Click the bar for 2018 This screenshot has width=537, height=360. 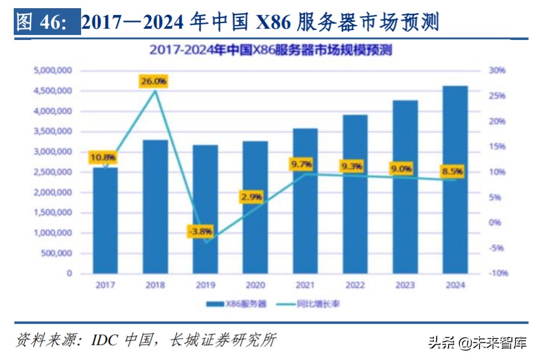[155, 207]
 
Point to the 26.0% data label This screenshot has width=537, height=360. [154, 81]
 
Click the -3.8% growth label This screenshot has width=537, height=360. [200, 231]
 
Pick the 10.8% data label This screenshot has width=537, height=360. [104, 157]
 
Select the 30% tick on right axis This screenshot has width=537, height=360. [496, 71]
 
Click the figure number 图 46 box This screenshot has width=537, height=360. [43, 22]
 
